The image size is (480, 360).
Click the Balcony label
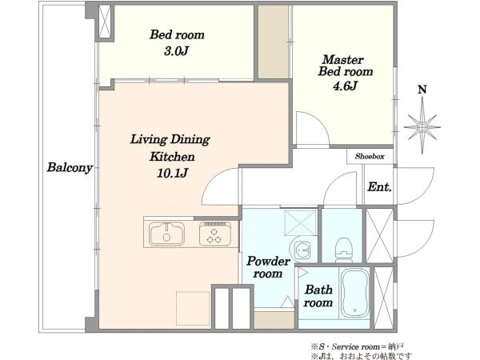(x=70, y=168)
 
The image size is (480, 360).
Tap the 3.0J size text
(x=176, y=51)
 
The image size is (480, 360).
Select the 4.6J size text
(x=345, y=86)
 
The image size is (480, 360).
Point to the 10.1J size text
(x=172, y=174)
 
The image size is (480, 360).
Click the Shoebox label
(x=370, y=157)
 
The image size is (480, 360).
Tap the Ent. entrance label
(x=379, y=186)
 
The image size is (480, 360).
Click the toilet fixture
(x=343, y=250)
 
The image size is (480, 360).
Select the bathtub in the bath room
(x=355, y=294)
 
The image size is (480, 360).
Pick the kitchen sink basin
(x=167, y=234)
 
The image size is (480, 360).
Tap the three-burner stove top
(x=215, y=234)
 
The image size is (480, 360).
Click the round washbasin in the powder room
(x=299, y=250)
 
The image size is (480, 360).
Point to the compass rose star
(x=422, y=126)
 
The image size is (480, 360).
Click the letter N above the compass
(x=422, y=90)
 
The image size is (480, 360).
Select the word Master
(x=343, y=59)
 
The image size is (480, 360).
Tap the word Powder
(x=269, y=261)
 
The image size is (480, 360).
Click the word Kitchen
(x=172, y=157)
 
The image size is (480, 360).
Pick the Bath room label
(x=318, y=296)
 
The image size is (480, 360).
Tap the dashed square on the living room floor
(x=193, y=308)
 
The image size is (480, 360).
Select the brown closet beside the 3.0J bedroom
(x=274, y=42)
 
